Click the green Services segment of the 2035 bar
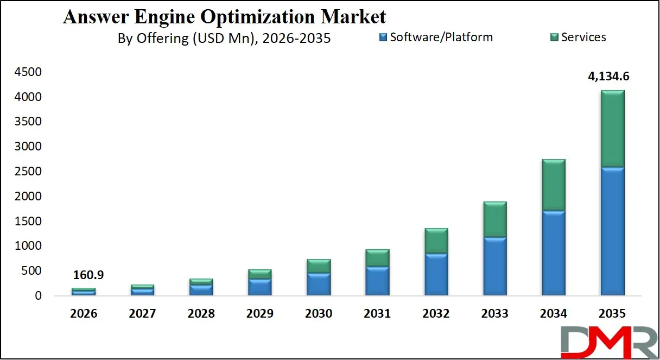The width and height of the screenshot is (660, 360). pos(612,129)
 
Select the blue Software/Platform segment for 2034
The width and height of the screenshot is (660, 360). pos(554,253)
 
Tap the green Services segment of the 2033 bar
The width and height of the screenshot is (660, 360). pos(495,219)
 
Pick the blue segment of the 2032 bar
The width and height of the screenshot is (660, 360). pos(436,274)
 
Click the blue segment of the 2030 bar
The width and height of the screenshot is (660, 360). pos(319,284)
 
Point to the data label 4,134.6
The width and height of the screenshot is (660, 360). pos(608,77)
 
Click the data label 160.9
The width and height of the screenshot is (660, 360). pos(88,275)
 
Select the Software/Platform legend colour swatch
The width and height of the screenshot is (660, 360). pos(383,37)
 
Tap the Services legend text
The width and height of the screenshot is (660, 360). pos(583,37)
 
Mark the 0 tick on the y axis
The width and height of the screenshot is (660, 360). pos(37,296)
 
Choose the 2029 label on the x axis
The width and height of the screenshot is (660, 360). pos(260,314)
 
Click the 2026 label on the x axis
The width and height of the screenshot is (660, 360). pos(84,314)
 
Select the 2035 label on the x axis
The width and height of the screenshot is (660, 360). pos(612,314)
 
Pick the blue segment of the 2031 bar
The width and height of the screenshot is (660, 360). pos(378,281)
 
